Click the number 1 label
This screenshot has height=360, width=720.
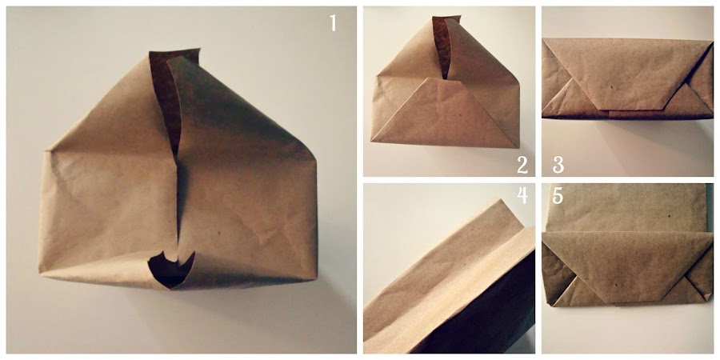334,23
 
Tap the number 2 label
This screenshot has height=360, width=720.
522,166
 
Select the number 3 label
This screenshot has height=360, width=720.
558,166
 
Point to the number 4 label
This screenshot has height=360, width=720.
522,195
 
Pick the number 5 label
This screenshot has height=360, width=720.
558,195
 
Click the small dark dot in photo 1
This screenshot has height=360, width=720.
218,234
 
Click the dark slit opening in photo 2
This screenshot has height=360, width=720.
442,48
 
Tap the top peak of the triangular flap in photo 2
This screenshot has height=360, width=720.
445,78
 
